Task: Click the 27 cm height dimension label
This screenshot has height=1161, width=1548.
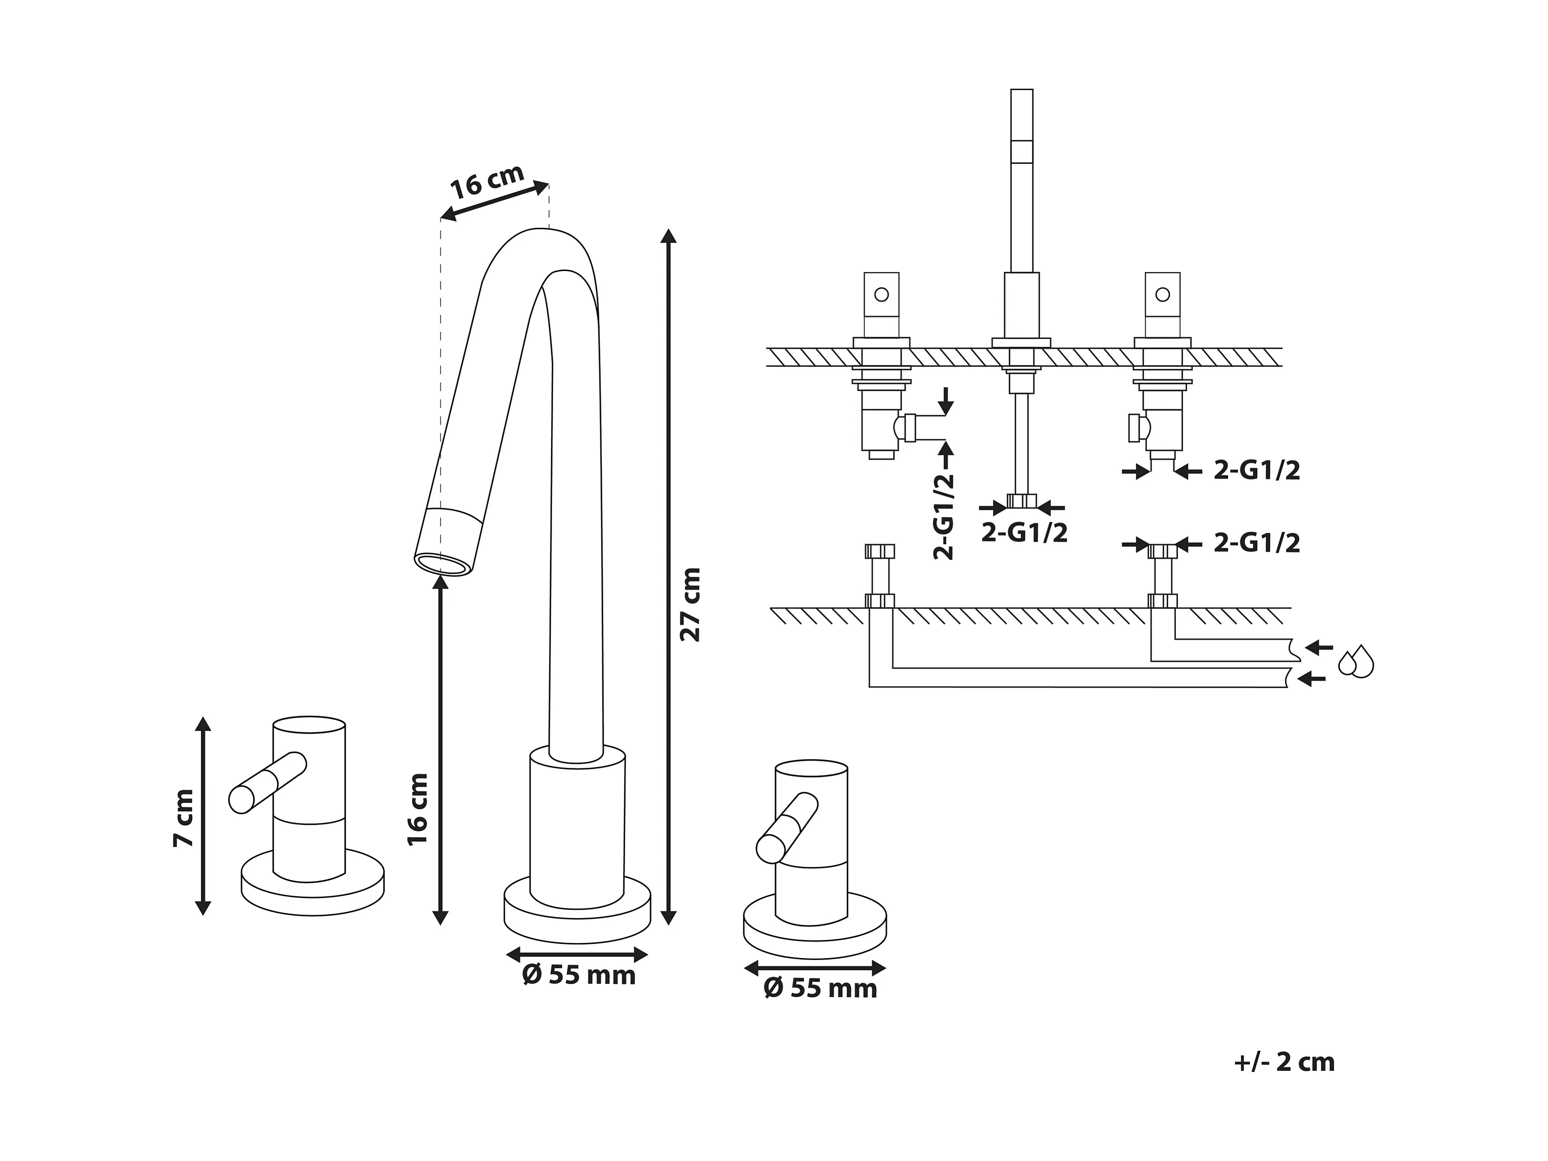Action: (690, 604)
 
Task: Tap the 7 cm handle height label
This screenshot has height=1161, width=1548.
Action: (183, 818)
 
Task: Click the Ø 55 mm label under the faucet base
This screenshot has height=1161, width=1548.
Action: (579, 976)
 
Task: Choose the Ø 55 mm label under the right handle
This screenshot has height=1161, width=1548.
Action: (820, 989)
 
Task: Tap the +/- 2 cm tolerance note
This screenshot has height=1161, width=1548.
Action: (1284, 1062)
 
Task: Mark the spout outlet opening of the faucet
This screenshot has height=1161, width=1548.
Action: (443, 564)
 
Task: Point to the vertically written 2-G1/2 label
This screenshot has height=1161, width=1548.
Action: (944, 517)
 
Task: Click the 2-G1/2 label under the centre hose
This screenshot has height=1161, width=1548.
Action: (1025, 533)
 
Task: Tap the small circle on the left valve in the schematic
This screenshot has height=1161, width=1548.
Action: (882, 294)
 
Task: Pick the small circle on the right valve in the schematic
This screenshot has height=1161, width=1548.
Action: (1162, 294)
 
